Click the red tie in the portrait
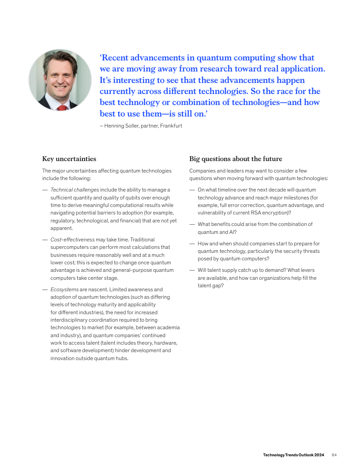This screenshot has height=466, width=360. (62, 107)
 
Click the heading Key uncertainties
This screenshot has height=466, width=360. (69, 159)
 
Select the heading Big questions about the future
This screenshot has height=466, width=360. (236, 159)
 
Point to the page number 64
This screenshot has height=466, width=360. (334, 455)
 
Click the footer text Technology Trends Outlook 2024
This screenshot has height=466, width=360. (293, 455)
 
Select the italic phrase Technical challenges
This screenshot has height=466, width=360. (75, 190)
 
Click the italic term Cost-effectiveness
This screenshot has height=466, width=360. (72, 240)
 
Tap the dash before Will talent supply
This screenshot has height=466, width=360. (192, 270)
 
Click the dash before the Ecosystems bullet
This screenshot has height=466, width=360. (45, 289)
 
